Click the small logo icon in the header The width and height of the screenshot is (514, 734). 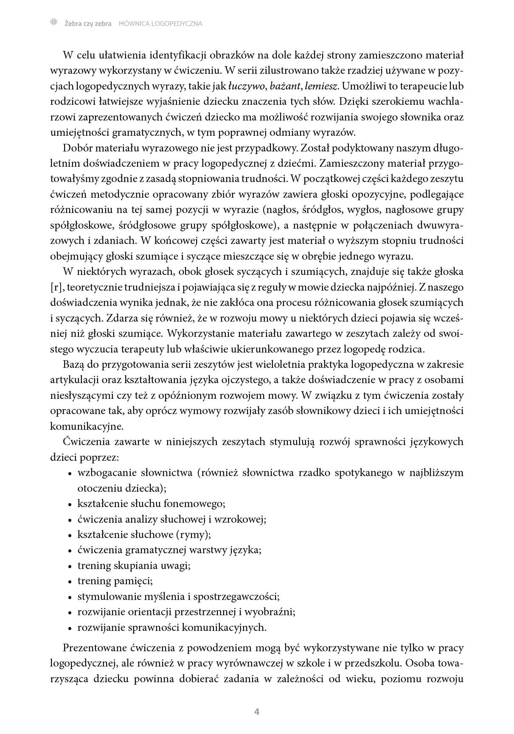pyautogui.click(x=53, y=23)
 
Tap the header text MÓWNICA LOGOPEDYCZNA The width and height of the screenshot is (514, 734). pyautogui.click(x=160, y=24)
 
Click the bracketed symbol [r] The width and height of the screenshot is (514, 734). pyautogui.click(x=56, y=288)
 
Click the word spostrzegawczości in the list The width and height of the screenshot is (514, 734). pyautogui.click(x=236, y=597)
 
